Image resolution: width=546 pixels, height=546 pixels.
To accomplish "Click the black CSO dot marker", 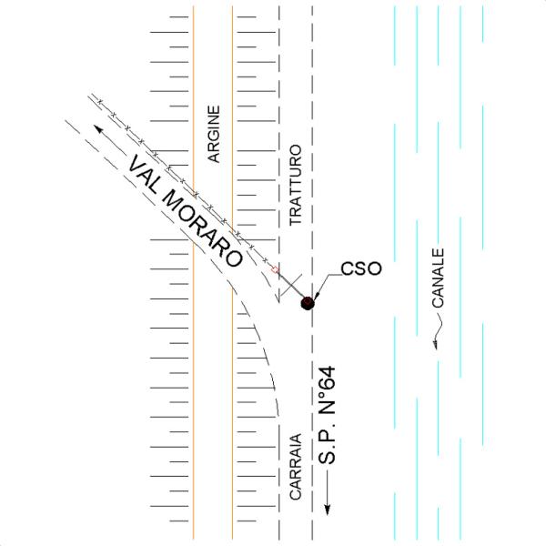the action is tap(308, 303).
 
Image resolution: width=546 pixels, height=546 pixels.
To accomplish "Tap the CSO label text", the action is tap(361, 268).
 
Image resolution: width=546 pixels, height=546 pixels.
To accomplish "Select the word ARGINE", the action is tap(214, 134).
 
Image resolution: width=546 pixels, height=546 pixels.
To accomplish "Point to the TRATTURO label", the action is tap(295, 185).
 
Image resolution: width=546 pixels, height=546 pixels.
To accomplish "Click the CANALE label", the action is tap(438, 278).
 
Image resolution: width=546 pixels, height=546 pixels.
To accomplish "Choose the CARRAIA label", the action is tap(295, 466).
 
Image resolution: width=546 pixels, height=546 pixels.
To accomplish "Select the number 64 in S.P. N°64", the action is tap(327, 379).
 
